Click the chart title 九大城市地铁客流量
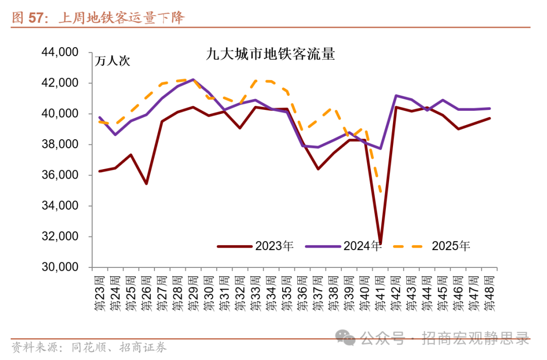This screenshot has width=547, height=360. coord(271,54)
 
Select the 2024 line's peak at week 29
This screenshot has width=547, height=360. coord(193,79)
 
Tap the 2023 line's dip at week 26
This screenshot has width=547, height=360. coord(146,183)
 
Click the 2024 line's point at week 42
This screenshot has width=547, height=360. coord(396,95)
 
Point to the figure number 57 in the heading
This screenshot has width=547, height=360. coord(35,18)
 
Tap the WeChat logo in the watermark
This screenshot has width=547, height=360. coord(347,338)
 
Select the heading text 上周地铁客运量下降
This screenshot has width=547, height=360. coord(122,18)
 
